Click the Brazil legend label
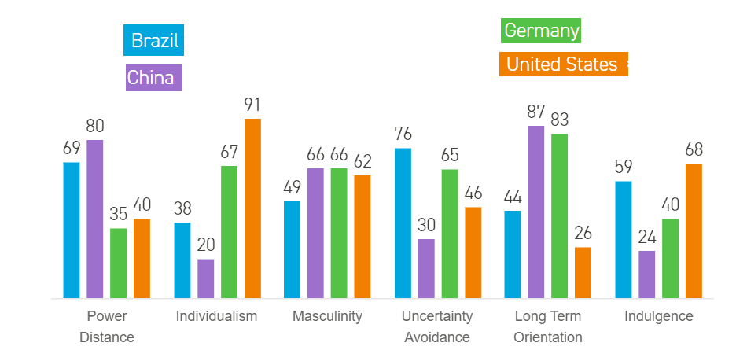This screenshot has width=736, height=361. click(x=154, y=40)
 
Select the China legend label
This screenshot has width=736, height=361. click(x=154, y=78)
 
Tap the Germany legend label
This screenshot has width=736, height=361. click(x=541, y=31)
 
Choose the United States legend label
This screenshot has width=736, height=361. click(x=562, y=64)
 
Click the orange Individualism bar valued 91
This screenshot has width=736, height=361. click(x=252, y=208)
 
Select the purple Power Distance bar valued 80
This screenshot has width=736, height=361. click(x=95, y=219)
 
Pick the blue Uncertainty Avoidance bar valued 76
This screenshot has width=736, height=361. click(x=403, y=223)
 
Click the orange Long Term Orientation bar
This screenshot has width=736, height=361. click(x=583, y=273)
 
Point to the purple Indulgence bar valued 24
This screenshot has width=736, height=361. click(x=646, y=274)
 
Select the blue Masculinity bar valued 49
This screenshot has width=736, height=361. click(x=292, y=250)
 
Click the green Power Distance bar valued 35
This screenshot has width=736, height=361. click(x=119, y=263)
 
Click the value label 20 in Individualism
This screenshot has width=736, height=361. click(x=206, y=245)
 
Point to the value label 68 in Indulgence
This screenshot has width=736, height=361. click(x=694, y=149)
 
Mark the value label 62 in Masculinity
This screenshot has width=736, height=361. click(x=362, y=161)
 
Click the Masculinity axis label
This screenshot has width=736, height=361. click(x=327, y=316)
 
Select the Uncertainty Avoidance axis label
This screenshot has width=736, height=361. click(x=437, y=326)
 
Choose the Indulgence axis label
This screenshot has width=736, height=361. click(x=659, y=316)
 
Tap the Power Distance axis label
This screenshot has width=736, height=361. click(x=107, y=326)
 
